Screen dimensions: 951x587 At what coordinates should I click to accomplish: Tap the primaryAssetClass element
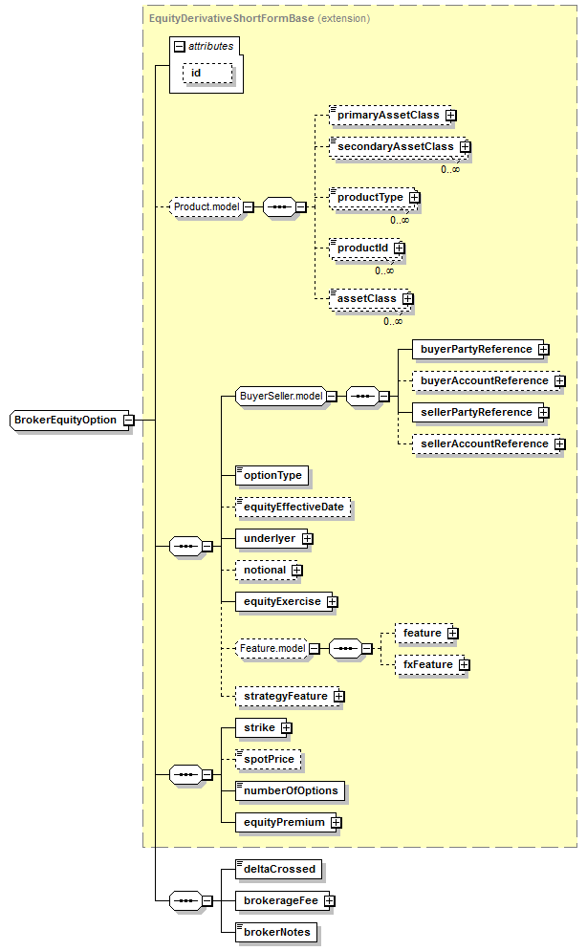387,115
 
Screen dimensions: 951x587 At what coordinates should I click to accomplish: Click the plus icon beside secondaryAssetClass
465,146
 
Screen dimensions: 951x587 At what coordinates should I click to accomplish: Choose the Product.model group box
205,205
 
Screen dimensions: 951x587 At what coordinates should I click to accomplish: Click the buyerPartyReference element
476,349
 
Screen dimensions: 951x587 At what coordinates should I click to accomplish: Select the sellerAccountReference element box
484,443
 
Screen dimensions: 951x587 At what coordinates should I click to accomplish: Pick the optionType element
272,475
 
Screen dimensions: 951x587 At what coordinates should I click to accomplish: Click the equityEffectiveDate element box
293,507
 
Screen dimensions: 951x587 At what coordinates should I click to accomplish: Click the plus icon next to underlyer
307,538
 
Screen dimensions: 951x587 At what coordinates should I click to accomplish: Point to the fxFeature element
428,664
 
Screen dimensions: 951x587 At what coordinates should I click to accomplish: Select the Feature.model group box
272,649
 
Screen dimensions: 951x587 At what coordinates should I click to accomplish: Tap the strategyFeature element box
285,696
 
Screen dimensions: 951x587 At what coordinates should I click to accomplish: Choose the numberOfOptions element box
291,790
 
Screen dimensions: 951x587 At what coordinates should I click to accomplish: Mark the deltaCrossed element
278,869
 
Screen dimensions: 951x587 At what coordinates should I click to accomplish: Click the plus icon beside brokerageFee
329,900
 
